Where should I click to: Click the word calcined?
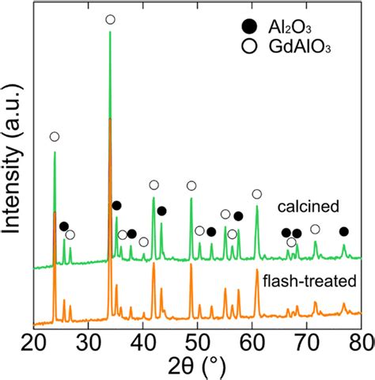point(308,207)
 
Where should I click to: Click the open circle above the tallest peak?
point(110,19)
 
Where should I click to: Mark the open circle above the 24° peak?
point(54,137)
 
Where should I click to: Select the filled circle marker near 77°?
point(343,231)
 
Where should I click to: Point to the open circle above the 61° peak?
point(256,194)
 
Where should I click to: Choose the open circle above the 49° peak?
point(191,185)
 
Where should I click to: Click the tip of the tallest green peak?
point(110,32)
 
